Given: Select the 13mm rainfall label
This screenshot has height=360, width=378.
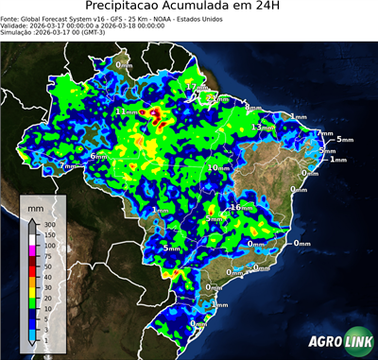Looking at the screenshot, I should point(262,128).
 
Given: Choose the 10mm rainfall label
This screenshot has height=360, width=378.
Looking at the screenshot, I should point(218,167).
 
